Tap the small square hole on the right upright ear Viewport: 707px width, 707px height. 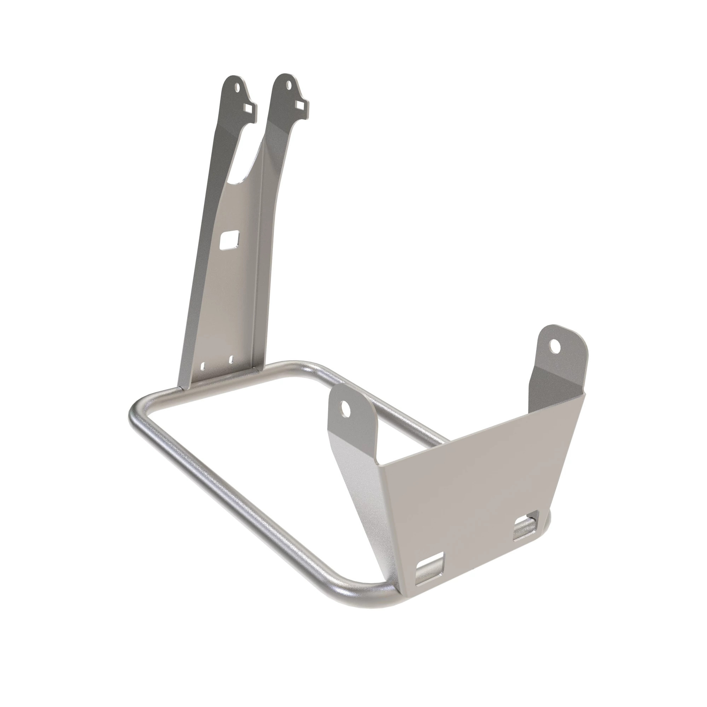pyautogui.click(x=300, y=105)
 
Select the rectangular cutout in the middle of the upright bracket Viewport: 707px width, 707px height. pyautogui.click(x=228, y=240)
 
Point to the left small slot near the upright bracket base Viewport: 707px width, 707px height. pyautogui.click(x=204, y=365)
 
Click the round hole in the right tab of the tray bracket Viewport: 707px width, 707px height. pyautogui.click(x=555, y=346)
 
